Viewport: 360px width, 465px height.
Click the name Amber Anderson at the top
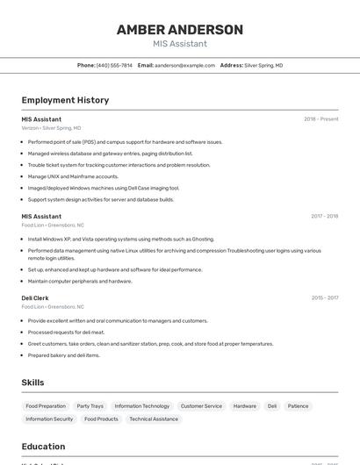(x=180, y=30)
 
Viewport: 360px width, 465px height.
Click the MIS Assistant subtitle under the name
(x=180, y=44)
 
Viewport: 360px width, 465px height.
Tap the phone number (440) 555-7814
(x=114, y=65)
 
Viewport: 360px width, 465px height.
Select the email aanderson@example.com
(x=184, y=65)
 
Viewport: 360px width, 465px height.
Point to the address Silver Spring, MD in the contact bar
(x=263, y=65)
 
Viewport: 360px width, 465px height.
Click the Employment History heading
(x=65, y=100)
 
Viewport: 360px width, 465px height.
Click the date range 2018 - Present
(x=320, y=119)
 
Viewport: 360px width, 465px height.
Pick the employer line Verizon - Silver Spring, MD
(x=58, y=128)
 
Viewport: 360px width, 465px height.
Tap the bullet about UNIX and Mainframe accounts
(x=73, y=176)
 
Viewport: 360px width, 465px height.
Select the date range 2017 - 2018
(x=324, y=216)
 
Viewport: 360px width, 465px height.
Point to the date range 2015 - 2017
(x=324, y=298)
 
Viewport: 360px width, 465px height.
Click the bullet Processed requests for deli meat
(x=66, y=333)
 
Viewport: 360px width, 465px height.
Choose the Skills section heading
(x=32, y=383)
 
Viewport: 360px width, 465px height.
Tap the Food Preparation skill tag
(x=46, y=406)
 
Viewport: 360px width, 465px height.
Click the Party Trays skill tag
(x=90, y=406)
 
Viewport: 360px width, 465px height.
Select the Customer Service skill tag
(x=201, y=406)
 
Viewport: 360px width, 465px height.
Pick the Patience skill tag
(x=299, y=406)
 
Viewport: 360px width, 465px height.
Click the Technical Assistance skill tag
(x=154, y=419)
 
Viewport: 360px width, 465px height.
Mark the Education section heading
(x=43, y=446)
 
